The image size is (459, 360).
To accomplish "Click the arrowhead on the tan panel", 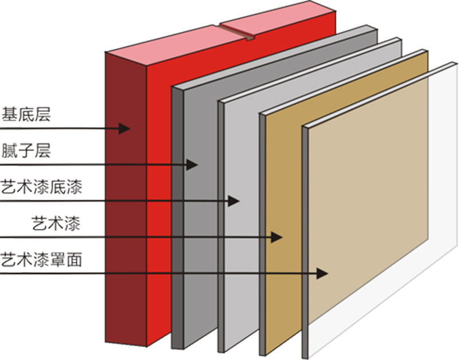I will [x=278, y=236].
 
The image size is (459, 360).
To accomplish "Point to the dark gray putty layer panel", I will [x=198, y=229].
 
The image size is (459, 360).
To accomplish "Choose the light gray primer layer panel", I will [x=241, y=258].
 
